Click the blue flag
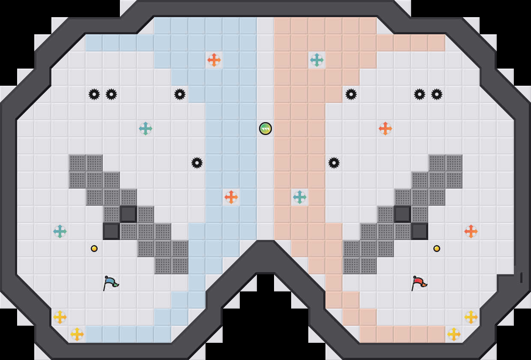pos(110,283)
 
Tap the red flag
pos(419,283)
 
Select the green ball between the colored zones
pos(265,129)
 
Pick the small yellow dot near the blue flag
pos(94,249)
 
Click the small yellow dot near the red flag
pos(437,249)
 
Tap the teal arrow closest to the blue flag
pos(60,231)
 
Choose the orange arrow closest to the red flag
pos(471,231)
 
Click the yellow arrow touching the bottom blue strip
pos(77,334)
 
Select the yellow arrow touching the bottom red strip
pos(454,334)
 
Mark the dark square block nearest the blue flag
pos(111,231)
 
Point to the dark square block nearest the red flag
pos(420,231)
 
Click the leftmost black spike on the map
pos(94,94)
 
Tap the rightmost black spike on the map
pos(437,94)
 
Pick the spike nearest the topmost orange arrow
pos(180,94)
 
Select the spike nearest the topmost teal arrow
pos(351,94)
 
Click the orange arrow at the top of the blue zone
pos(214,60)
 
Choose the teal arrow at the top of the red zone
pos(317,60)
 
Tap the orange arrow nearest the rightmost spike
pos(385,129)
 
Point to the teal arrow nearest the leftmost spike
pos(146,129)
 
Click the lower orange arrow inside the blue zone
pos(231,197)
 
